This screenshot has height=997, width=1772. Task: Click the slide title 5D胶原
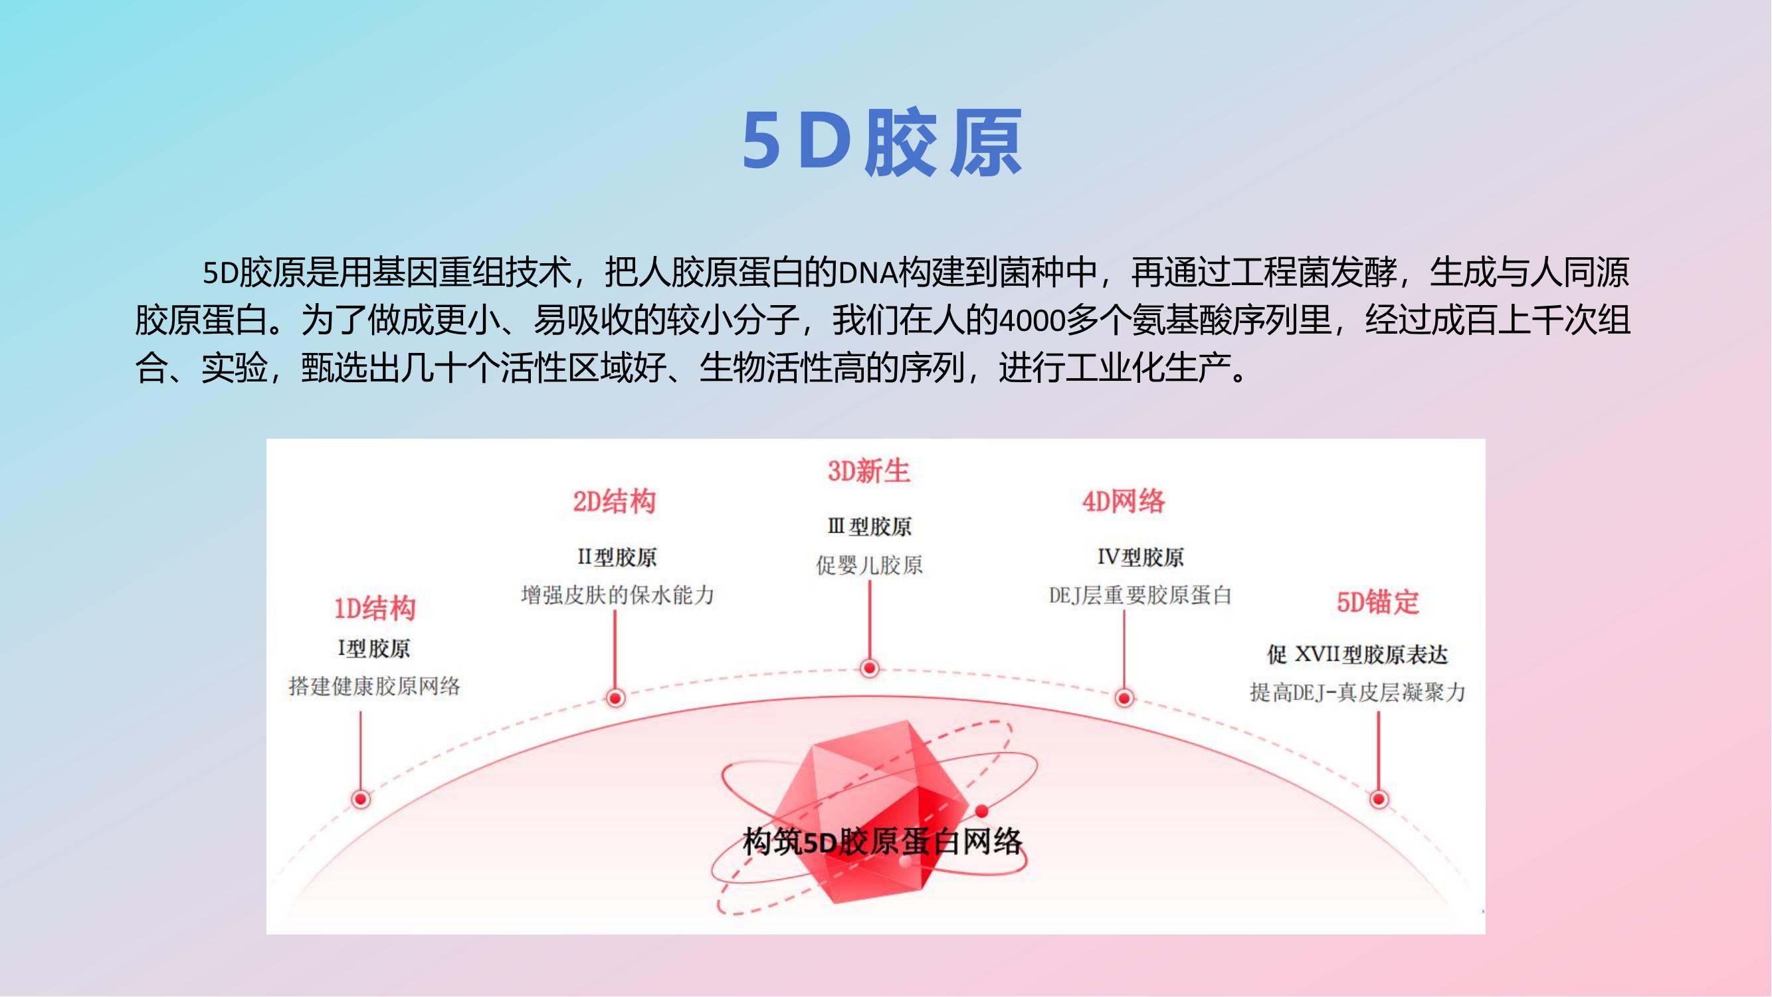pyautogui.click(x=882, y=141)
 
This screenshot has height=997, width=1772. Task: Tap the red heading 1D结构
pyautogui.click(x=375, y=608)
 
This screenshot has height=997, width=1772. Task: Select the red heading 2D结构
pyautogui.click(x=615, y=502)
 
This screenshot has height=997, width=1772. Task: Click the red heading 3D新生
pyautogui.click(x=869, y=471)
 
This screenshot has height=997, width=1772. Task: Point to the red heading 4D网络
pyautogui.click(x=1124, y=502)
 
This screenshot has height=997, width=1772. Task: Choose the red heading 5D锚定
pyautogui.click(x=1377, y=602)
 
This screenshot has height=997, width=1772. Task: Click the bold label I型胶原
pyautogui.click(x=373, y=648)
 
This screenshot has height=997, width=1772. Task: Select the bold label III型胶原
pyautogui.click(x=870, y=527)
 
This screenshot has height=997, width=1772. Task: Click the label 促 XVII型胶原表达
pyautogui.click(x=1357, y=654)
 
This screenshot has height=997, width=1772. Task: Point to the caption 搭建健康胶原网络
pyautogui.click(x=374, y=686)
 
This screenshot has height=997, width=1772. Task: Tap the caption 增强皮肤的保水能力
pyautogui.click(x=617, y=594)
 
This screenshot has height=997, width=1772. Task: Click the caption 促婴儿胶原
pyautogui.click(x=870, y=565)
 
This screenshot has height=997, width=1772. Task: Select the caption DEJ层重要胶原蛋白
pyautogui.click(x=1140, y=595)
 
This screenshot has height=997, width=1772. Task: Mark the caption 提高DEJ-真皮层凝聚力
pyautogui.click(x=1357, y=692)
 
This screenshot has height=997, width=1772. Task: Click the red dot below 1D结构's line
pyautogui.click(x=361, y=799)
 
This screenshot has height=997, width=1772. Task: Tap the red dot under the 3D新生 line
pyautogui.click(x=870, y=667)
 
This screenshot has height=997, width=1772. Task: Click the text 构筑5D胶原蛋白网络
pyautogui.click(x=882, y=841)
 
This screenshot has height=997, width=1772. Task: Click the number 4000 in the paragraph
pyautogui.click(x=1031, y=320)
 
